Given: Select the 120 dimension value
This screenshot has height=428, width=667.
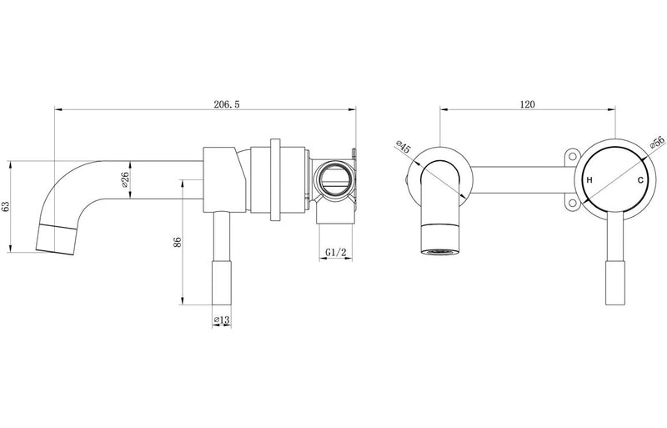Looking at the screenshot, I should [x=526, y=104].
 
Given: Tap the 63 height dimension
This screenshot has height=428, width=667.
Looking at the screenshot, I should [x=8, y=206].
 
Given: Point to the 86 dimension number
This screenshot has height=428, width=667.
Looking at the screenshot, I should [x=176, y=243].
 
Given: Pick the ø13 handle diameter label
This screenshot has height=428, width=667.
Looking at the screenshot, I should [x=221, y=319].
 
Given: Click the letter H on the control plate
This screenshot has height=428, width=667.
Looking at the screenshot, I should [x=589, y=181].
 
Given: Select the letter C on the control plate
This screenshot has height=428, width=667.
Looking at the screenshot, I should [x=640, y=181].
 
